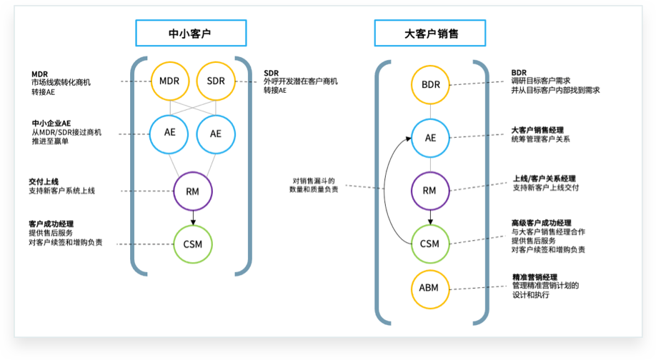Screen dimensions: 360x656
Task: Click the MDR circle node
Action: pyautogui.click(x=170, y=81)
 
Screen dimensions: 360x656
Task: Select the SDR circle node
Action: pyautogui.click(x=216, y=81)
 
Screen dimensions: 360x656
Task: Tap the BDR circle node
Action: pyautogui.click(x=430, y=84)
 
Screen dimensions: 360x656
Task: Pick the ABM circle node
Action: pyautogui.click(x=429, y=289)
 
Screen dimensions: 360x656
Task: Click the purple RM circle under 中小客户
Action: pyautogui.click(x=193, y=191)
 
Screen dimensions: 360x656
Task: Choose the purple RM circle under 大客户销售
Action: pyautogui.click(x=429, y=190)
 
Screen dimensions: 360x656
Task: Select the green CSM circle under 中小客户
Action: pyautogui.click(x=193, y=244)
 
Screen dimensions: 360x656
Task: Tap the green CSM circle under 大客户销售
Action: pyautogui.click(x=429, y=244)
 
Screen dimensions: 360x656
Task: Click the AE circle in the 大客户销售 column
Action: pyautogui.click(x=430, y=137)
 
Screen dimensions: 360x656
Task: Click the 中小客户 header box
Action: pyautogui.click(x=191, y=34)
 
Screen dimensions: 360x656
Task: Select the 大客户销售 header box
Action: pyautogui.click(x=429, y=34)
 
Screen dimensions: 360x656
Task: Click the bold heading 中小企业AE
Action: pyautogui.click(x=51, y=123)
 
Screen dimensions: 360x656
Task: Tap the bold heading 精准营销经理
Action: pyautogui.click(x=535, y=277)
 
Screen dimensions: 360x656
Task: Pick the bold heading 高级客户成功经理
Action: pyautogui.click(x=541, y=223)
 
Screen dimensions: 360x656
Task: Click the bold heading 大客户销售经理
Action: pyautogui.click(x=537, y=130)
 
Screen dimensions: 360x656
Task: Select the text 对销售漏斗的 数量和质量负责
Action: pyautogui.click(x=314, y=185)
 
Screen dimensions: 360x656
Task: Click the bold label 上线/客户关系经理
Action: pyautogui.click(x=544, y=179)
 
